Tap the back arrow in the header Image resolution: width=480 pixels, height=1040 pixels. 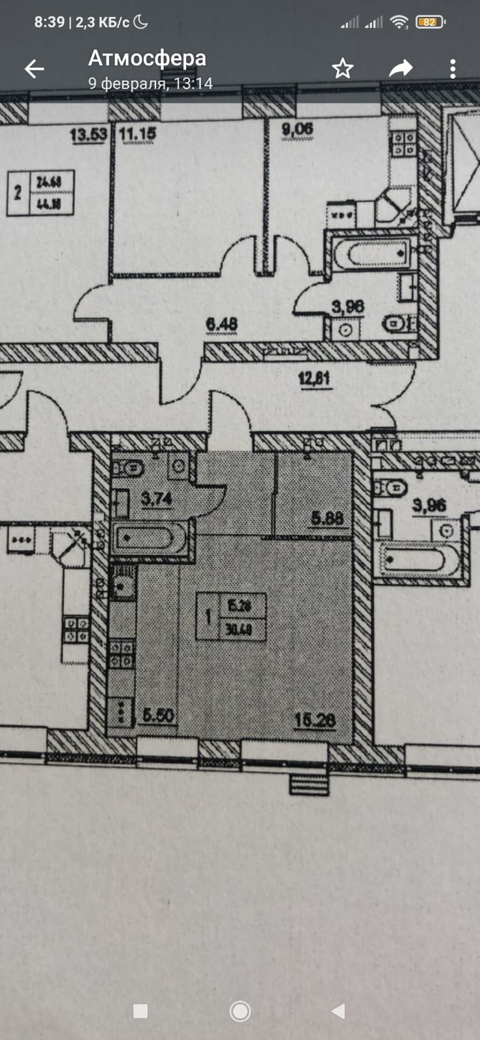click(x=34, y=68)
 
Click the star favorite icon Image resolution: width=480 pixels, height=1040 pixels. click(x=343, y=68)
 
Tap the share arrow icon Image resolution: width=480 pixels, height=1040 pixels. click(x=401, y=68)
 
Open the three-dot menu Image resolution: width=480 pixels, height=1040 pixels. click(x=453, y=68)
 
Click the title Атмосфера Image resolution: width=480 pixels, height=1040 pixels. click(x=147, y=58)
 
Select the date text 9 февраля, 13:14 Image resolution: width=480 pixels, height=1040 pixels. click(x=150, y=83)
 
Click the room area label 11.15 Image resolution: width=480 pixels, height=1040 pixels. click(x=138, y=134)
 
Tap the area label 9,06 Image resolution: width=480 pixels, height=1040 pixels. click(x=297, y=129)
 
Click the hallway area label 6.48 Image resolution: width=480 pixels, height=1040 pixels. click(x=221, y=323)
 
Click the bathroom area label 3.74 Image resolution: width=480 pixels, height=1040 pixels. click(x=156, y=499)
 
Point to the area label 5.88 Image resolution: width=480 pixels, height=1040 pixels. click(x=327, y=518)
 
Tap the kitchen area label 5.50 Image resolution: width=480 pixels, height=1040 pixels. click(x=157, y=715)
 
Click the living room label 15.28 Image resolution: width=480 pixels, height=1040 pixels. click(x=315, y=720)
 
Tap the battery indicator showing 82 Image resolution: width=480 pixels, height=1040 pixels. click(x=429, y=22)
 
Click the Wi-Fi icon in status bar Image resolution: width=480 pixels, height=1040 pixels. click(x=399, y=22)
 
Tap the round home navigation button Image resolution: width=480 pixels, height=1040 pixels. click(x=240, y=1011)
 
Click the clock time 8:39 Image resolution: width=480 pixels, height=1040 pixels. click(x=49, y=22)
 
